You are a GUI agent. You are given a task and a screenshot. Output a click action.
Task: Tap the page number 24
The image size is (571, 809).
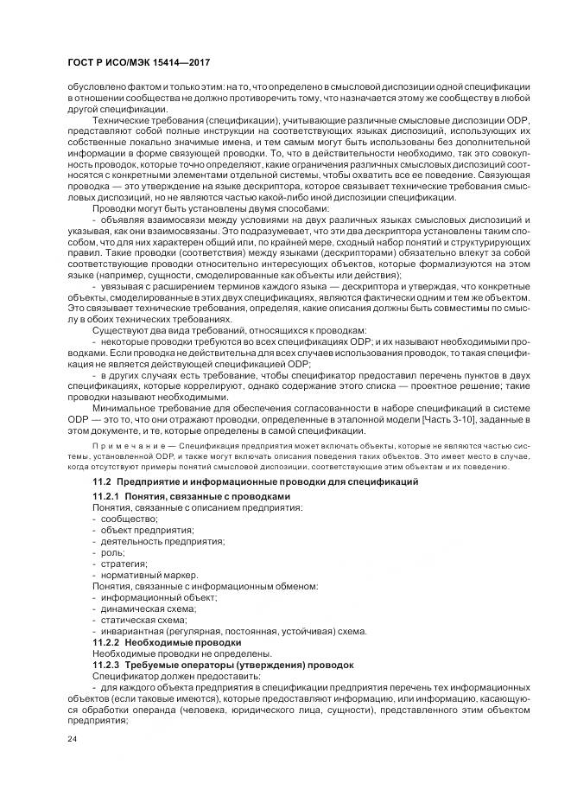(x=72, y=740)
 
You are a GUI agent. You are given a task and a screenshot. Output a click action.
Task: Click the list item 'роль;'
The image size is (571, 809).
(x=113, y=551)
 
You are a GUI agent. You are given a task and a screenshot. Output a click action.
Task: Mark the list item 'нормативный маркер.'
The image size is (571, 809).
(x=149, y=574)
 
